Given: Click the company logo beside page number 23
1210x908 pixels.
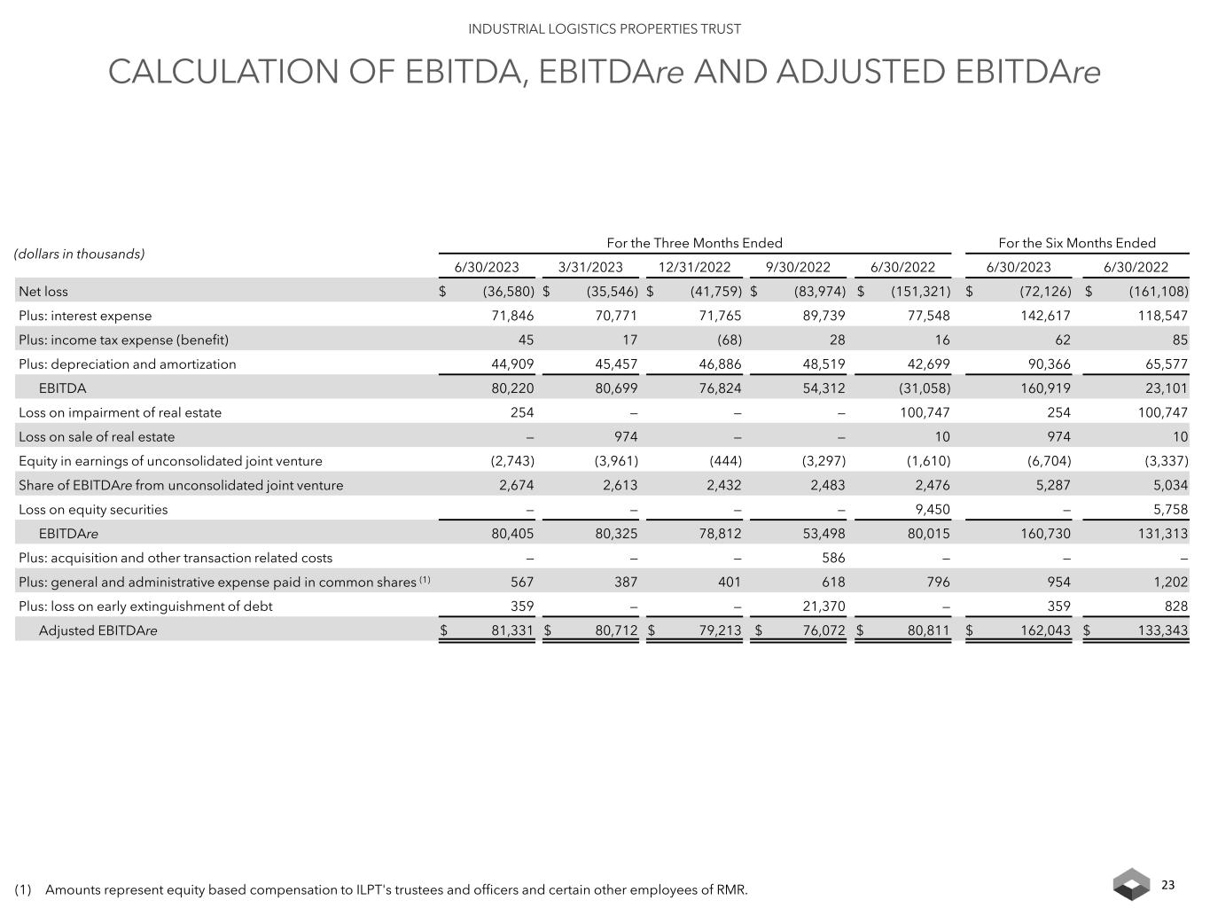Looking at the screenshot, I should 1131,884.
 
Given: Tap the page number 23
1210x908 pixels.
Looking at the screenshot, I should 1167,885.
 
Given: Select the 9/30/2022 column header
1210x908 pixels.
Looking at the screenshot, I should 798,267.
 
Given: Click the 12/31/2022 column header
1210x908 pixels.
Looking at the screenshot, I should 694,267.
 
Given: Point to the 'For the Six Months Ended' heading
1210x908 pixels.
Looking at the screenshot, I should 1077,243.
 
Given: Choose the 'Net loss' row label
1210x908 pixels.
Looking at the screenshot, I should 43,292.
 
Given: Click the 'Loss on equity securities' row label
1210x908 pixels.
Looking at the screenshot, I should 93,510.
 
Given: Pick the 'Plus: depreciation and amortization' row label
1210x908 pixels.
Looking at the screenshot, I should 128,364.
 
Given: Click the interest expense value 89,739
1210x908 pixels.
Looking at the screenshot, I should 821,316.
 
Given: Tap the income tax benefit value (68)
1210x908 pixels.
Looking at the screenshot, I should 725,340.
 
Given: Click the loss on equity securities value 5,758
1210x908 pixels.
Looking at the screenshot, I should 1167,510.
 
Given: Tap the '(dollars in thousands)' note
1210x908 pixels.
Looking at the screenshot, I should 79,254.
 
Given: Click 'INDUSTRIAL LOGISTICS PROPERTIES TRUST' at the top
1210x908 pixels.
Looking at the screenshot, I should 605,29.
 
